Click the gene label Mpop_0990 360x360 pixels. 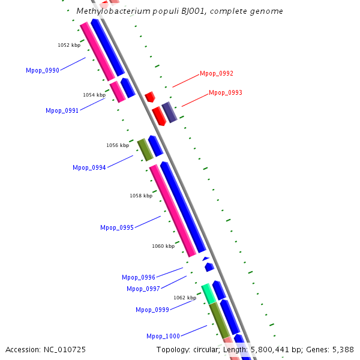coord(42,71)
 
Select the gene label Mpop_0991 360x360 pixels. coord(62,110)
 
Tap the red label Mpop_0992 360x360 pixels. coord(217,74)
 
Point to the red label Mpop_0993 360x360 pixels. coord(226,93)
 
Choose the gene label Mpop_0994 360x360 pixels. coord(89,167)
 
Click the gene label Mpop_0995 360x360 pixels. coord(116,227)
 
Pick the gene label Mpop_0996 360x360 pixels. coord(138,277)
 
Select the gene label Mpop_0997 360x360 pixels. coord(143,289)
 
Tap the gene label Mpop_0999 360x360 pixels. coord(152,310)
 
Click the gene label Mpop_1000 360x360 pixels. coord(163,336)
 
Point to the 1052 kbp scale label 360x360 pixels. coord(69,45)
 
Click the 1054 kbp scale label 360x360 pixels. coord(94,95)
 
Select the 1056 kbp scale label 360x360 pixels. coord(118,145)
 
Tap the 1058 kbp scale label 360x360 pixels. coord(141,196)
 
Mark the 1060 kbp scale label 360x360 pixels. coord(163,246)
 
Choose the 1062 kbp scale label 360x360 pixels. coord(185,298)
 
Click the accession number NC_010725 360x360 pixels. coord(65,349)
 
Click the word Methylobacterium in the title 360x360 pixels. coord(106,11)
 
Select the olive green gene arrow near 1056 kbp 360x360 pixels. coord(145,150)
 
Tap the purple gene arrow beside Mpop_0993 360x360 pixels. coord(169,112)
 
